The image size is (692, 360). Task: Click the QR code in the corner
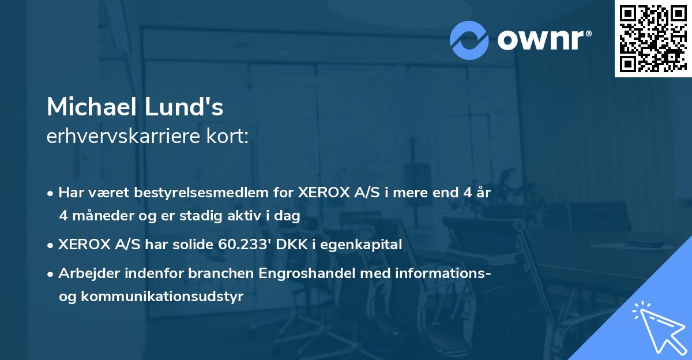point(653,38)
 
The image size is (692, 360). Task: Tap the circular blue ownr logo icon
point(469,40)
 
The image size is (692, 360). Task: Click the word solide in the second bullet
point(193,245)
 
